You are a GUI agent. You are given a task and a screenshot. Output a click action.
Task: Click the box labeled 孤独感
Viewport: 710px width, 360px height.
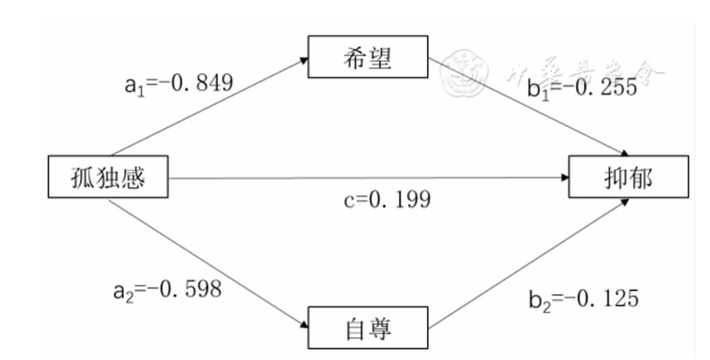[x=108, y=177]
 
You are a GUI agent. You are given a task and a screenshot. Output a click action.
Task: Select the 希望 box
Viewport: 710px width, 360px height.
[x=367, y=57]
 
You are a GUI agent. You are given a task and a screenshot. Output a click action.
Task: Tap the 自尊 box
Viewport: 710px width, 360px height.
[x=367, y=325]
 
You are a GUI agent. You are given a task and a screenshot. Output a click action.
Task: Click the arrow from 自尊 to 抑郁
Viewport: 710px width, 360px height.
[x=527, y=262]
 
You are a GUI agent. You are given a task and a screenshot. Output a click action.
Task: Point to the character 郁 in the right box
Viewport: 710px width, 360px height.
[x=639, y=177]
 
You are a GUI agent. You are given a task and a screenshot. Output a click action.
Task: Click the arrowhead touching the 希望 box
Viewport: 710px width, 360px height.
[x=303, y=58]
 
